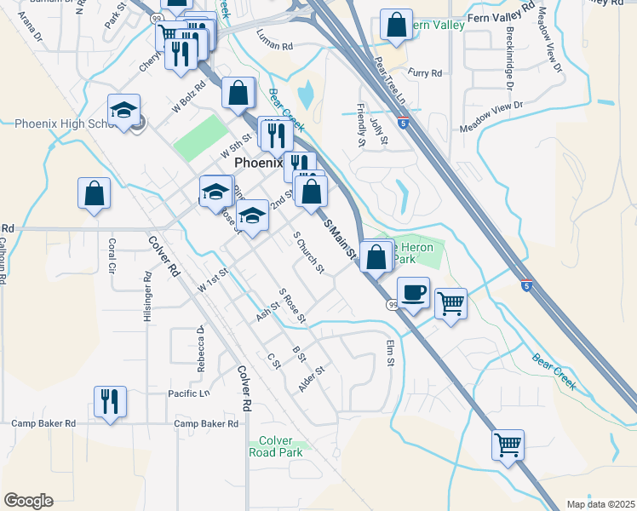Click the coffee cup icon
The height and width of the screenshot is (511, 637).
tap(413, 293)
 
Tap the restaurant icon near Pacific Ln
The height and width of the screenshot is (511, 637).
tap(110, 401)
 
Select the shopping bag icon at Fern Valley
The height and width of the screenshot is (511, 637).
tap(397, 26)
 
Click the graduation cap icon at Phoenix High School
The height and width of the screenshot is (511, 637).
tap(124, 111)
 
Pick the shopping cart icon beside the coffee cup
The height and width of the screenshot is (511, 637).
tap(450, 302)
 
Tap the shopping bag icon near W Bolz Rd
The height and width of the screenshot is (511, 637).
tap(239, 92)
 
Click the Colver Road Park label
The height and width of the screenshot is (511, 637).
tap(281, 446)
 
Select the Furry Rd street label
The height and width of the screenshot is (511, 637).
tap(425, 73)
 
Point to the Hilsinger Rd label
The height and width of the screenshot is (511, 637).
tap(147, 296)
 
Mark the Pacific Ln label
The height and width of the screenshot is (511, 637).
tap(188, 393)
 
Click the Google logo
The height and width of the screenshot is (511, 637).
tap(28, 501)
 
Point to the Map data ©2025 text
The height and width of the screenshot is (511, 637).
tap(600, 504)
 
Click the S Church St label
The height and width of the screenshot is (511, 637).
tap(308, 253)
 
